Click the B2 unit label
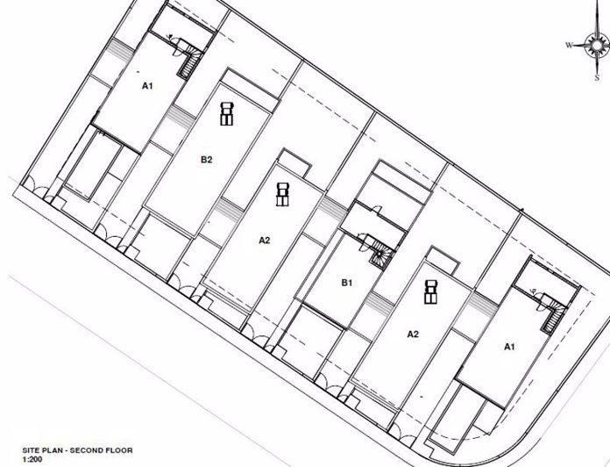207,160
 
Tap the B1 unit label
346,283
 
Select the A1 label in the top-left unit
147,86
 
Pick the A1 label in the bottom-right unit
509,347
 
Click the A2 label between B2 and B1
264,241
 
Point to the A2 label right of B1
413,334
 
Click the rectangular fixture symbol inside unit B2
226,114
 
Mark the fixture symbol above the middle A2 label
282,194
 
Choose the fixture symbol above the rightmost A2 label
429,291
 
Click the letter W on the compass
569,46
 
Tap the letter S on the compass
597,78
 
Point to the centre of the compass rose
597,45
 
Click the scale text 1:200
32,459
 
